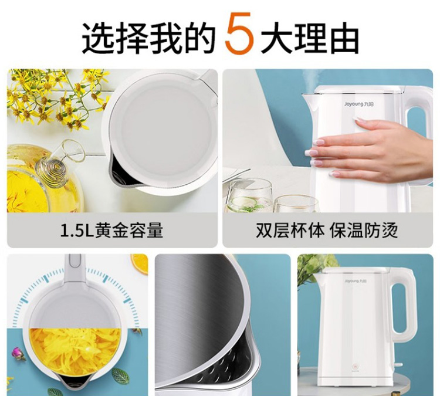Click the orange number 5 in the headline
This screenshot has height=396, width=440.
pyautogui.click(x=239, y=33)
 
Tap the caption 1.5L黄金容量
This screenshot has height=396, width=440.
pyautogui.click(x=111, y=231)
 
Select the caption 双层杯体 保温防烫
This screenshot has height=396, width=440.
pyautogui.click(x=327, y=231)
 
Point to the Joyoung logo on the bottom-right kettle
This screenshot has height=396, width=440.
pyautogui.click(x=356, y=281)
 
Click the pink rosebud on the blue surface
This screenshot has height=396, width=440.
pyautogui.click(x=18, y=353)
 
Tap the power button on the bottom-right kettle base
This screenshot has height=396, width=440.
pyautogui.click(x=355, y=366)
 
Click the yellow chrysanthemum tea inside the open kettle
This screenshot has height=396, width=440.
pyautogui.click(x=75, y=351)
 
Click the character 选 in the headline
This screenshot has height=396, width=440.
pyautogui.click(x=97, y=38)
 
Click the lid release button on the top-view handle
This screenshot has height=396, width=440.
pyautogui.click(x=75, y=260)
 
